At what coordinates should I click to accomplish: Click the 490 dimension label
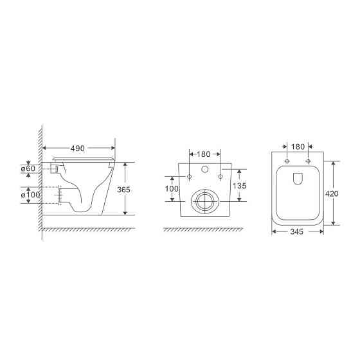(78, 148)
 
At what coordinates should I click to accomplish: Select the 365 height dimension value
(123, 190)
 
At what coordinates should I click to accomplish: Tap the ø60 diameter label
(28, 168)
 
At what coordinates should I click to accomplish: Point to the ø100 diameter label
(30, 195)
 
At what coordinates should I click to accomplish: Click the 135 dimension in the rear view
(240, 186)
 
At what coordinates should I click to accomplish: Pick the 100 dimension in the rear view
(172, 189)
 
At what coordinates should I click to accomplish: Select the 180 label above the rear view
(204, 154)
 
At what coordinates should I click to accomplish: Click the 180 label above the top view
(298, 147)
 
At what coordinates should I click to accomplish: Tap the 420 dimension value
(332, 194)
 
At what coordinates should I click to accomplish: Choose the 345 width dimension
(297, 231)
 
